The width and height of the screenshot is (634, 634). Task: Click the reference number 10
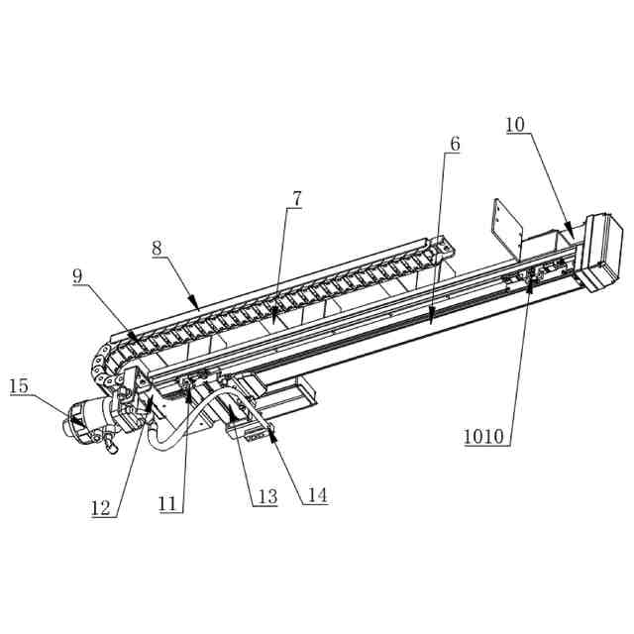point(515,125)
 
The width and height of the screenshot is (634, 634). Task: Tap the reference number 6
point(455,144)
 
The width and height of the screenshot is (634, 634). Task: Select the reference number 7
point(295,198)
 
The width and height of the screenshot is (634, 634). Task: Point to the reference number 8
point(158,249)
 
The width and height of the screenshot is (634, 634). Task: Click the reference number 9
point(78,276)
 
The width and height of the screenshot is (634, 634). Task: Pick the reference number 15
point(20,385)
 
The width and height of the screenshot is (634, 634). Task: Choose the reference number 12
point(100,508)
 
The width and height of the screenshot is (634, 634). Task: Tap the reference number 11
point(169,503)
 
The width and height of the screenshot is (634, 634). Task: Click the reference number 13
point(264,496)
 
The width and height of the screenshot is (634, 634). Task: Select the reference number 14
point(315,495)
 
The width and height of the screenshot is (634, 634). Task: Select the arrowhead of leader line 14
point(269,433)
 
